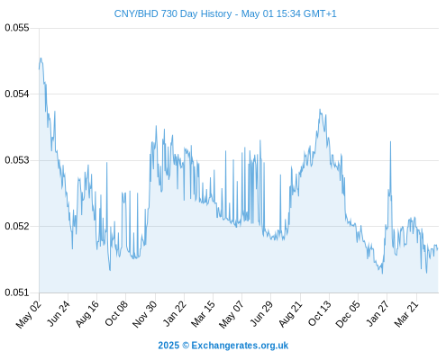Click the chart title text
[225, 13]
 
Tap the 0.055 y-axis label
[17, 28]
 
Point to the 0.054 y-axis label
[17, 94]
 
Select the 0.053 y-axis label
[17, 160]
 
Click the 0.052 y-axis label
[17, 226]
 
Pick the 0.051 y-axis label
[17, 292]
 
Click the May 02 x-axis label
[29, 314]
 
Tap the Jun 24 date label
[59, 313]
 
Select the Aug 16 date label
[87, 313]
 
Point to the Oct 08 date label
[116, 313]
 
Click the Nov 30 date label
[145, 314]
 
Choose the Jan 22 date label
[175, 313]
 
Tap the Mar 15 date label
[204, 313]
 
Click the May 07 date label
[232, 314]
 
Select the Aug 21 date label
[290, 313]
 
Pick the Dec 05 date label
[348, 314]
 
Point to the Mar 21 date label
[406, 313]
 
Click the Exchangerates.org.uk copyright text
[223, 346]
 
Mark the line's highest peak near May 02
[41, 58]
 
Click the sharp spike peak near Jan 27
[390, 141]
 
